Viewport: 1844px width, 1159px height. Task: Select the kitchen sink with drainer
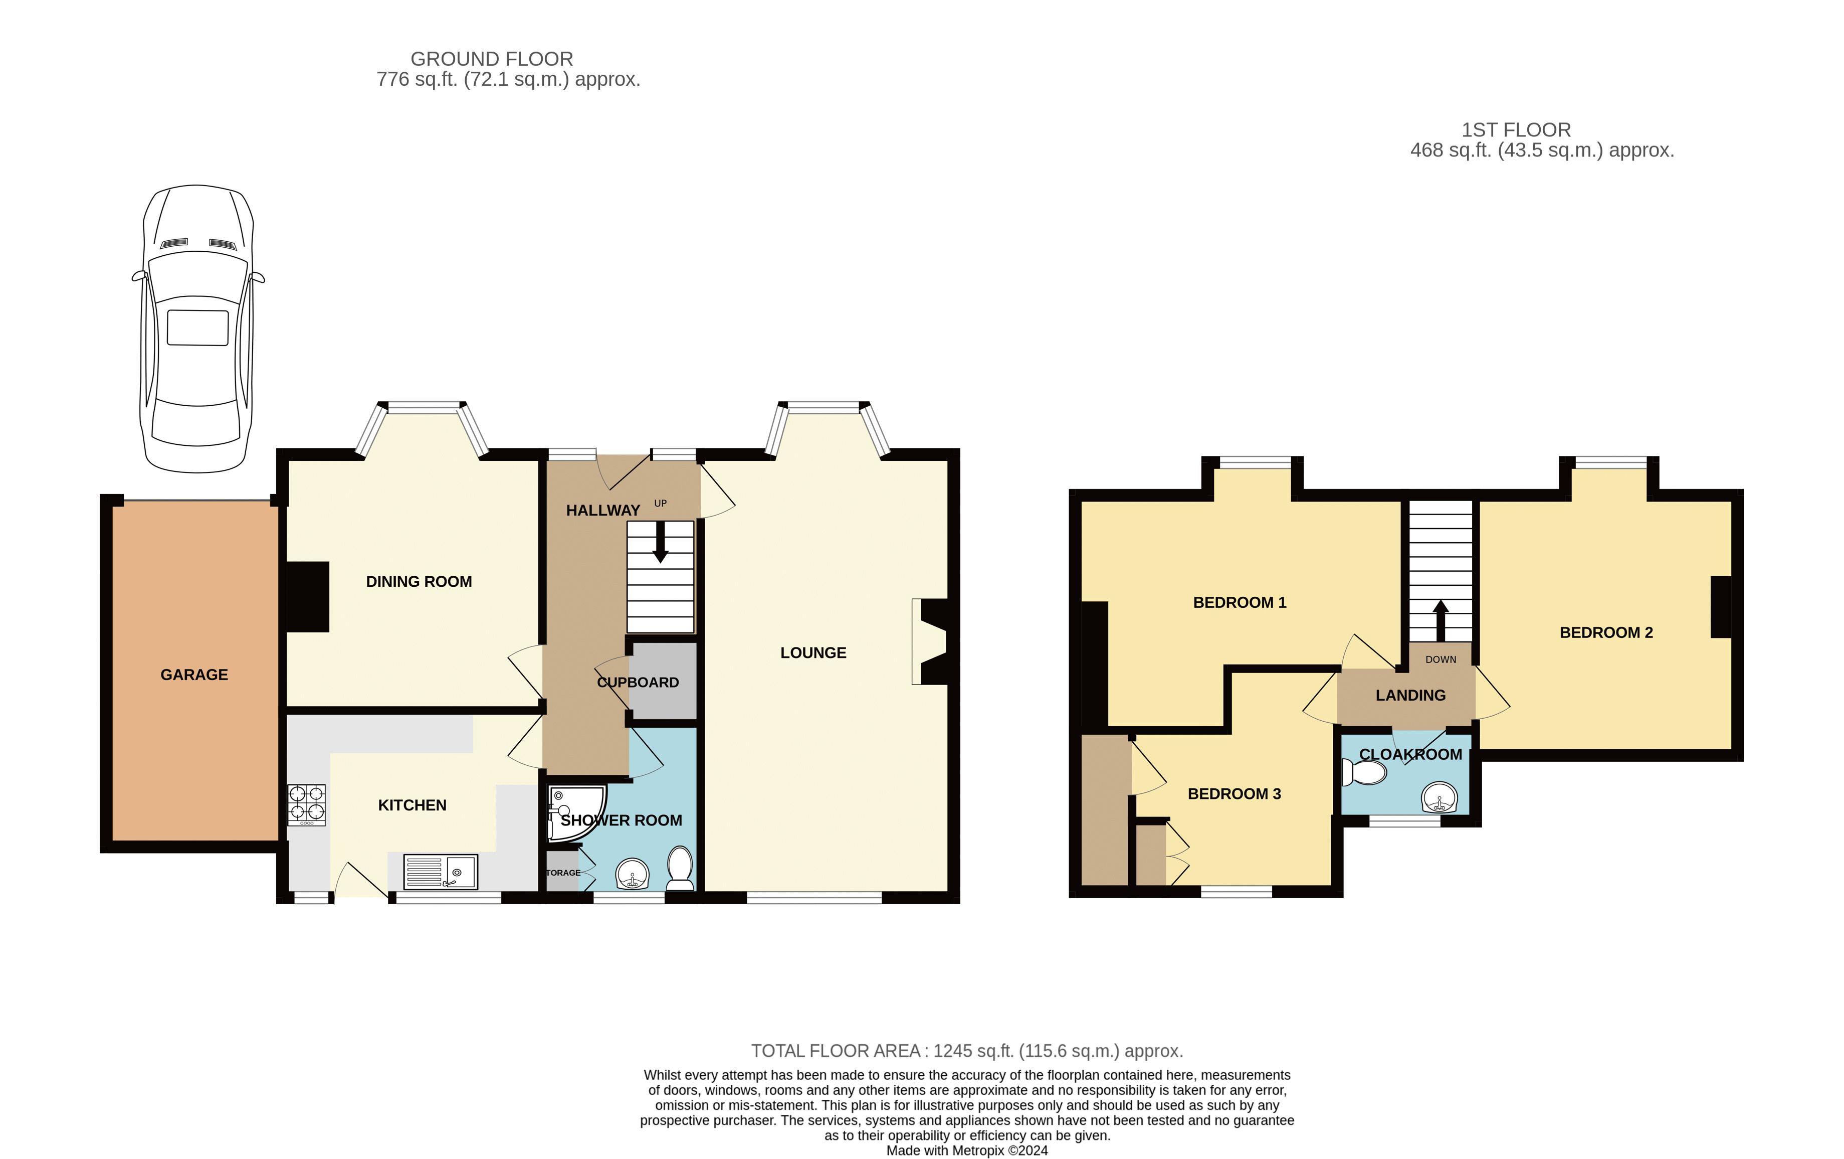(440, 872)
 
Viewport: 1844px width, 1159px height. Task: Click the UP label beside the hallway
(660, 504)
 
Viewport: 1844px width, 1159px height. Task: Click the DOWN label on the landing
(1441, 659)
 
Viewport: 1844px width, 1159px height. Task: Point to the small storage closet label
(563, 873)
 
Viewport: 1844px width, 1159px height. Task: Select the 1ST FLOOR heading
(1516, 130)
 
